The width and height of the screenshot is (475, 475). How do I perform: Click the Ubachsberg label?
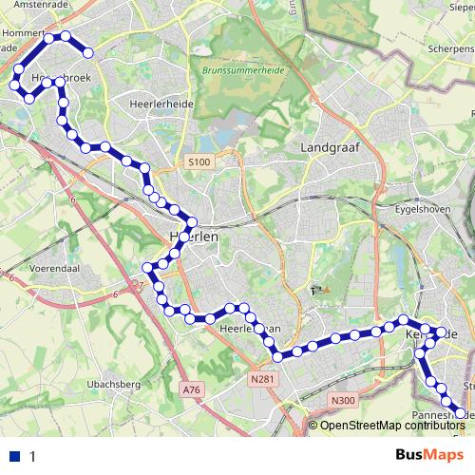point(113,384)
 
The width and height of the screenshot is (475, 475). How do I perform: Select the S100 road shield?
point(199,163)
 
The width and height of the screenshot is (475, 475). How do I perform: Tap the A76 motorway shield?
point(191,389)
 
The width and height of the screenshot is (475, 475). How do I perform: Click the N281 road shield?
point(262,379)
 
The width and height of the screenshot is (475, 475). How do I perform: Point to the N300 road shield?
point(343,400)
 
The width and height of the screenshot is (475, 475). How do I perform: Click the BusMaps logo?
point(424,455)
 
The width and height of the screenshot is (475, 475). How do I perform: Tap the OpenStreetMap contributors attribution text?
point(390,425)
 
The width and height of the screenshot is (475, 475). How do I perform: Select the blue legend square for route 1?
point(15,456)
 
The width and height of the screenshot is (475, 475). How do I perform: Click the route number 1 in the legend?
point(32,456)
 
